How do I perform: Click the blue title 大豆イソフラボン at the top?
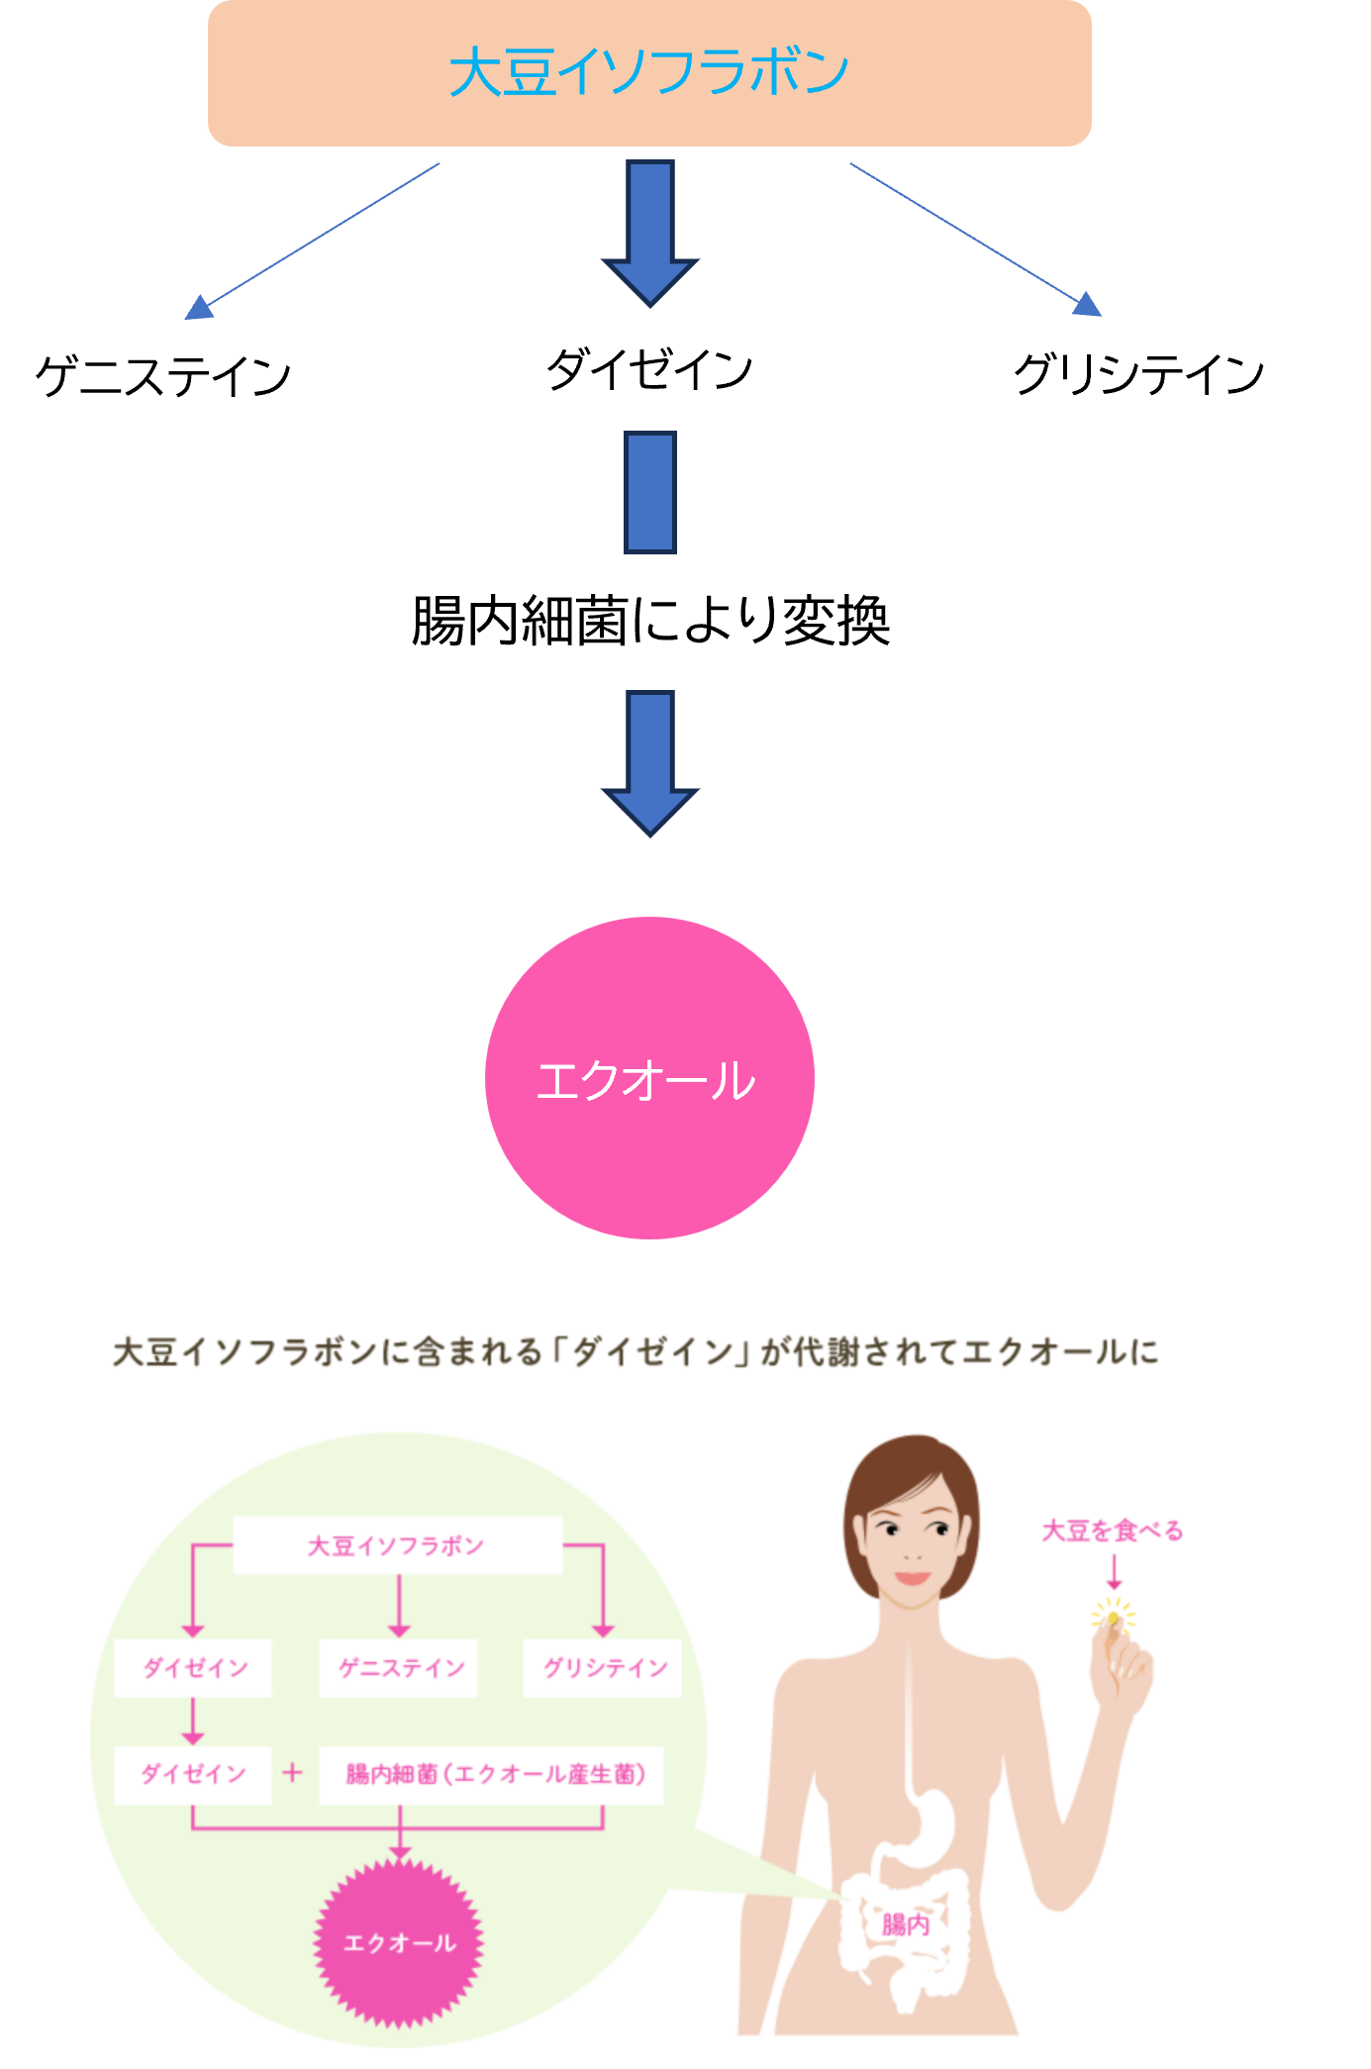coord(648,72)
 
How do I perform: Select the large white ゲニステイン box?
coord(170,383)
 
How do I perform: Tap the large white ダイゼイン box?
coord(682,376)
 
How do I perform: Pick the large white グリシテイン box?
coord(1149,381)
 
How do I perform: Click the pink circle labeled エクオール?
coord(649,1077)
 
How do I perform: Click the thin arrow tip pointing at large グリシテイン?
coord(1088,305)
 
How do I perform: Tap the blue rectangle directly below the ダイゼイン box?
coord(650,492)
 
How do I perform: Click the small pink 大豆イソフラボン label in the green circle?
coord(396,1545)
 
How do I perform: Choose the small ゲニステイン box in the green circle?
coord(400,1668)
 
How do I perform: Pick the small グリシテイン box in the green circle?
coord(603,1668)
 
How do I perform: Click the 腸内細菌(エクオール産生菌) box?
coord(493,1774)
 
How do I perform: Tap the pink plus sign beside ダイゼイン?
coord(292,1772)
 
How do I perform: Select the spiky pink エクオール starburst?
coord(399,1942)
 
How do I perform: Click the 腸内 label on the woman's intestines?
coord(906,1923)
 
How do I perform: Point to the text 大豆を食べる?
coord(1113,1530)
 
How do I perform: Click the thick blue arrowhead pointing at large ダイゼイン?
coord(650,278)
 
